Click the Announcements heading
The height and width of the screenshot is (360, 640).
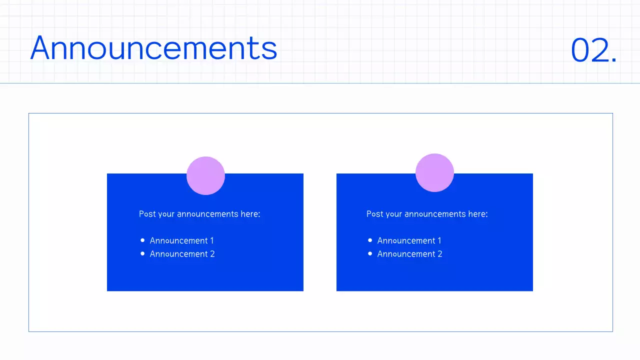[153, 48]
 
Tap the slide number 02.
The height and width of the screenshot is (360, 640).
[593, 50]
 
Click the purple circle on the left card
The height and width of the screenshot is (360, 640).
[205, 175]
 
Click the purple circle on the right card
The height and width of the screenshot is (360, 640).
[434, 172]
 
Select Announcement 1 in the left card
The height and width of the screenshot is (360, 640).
[181, 240]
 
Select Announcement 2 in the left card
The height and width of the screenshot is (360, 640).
[182, 254]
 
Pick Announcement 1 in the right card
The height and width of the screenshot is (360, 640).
[409, 240]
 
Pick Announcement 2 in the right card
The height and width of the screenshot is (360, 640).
[409, 254]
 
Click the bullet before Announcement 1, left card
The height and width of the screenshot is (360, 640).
[142, 240]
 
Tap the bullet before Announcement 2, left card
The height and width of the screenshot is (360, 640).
[142, 254]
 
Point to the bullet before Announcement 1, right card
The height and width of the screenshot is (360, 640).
[370, 240]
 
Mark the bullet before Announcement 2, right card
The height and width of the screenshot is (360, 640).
[370, 254]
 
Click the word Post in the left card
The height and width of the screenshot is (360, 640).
[147, 214]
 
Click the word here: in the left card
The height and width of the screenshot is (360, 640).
[250, 214]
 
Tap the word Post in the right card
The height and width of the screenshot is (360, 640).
[374, 214]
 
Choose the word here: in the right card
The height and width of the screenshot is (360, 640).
[478, 214]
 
